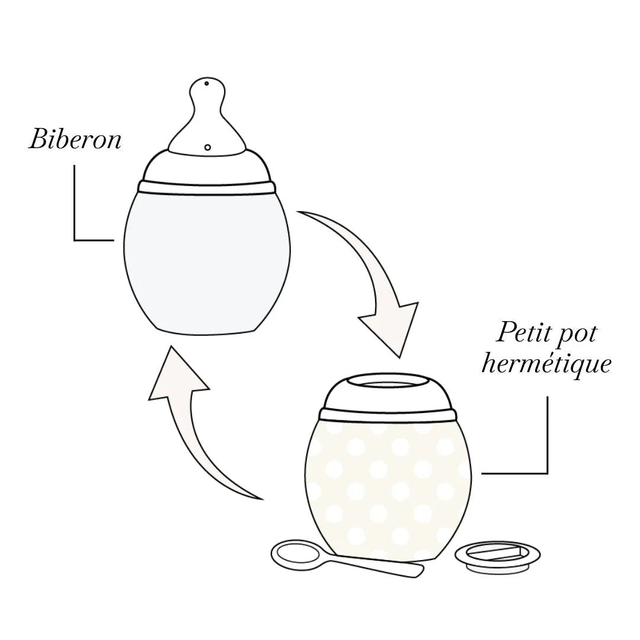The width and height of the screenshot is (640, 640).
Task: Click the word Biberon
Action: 75,140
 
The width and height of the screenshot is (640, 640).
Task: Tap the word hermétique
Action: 545,363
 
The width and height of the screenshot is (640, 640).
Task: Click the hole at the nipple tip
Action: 206,84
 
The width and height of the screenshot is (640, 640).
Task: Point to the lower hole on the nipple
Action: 207,146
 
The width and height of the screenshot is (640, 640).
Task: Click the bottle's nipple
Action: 207,119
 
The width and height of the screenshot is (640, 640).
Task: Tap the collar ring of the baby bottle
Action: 207,187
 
